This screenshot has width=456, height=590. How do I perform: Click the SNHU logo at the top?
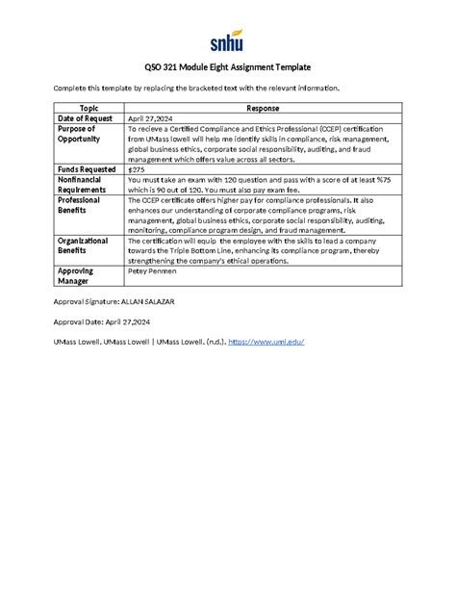[227, 41]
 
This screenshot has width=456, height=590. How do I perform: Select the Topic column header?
[89, 109]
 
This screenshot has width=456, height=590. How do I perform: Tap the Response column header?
[263, 109]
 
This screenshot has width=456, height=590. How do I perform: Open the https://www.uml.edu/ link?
[276, 343]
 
